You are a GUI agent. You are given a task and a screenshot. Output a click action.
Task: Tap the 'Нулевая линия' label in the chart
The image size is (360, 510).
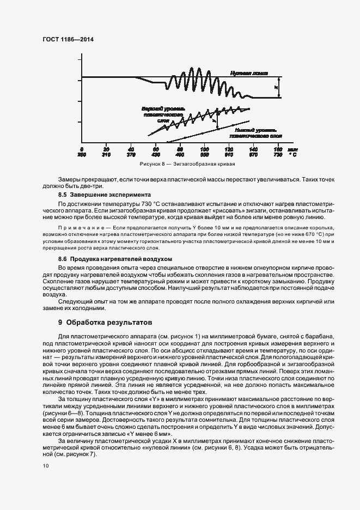248,72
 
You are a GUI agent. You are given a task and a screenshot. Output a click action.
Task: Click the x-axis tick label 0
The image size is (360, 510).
82,149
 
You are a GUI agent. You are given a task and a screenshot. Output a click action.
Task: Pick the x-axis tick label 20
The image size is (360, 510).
106,149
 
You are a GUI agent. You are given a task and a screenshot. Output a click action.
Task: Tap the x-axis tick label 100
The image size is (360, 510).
205,149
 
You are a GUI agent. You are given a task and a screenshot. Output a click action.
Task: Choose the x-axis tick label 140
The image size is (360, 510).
253,149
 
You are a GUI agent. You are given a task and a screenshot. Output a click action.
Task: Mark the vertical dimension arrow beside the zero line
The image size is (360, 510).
279,87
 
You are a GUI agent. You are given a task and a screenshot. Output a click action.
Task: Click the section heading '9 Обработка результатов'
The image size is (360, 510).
105,323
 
